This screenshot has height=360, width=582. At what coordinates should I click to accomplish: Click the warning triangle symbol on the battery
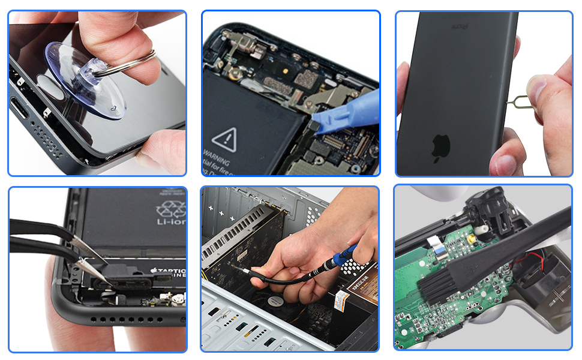[x=224, y=139]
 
